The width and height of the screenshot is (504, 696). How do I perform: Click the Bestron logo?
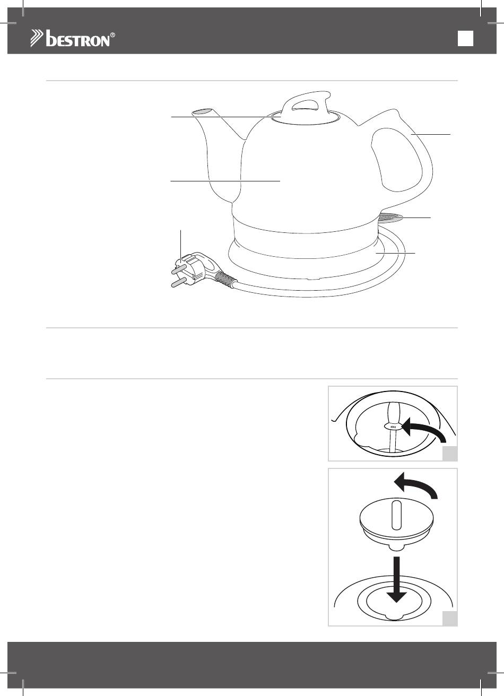[73, 39]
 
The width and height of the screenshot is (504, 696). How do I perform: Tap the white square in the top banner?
[465, 39]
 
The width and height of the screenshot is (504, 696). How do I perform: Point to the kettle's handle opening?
[396, 160]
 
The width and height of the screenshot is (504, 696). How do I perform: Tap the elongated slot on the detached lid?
[396, 515]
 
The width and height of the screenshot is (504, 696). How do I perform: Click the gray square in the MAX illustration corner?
[450, 454]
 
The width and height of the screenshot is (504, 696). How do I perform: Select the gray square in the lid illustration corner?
[450, 619]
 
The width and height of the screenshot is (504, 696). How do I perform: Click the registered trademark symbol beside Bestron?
[112, 35]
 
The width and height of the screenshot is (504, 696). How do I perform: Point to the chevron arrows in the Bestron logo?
[37, 39]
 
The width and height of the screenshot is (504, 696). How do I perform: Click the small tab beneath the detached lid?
[396, 549]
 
